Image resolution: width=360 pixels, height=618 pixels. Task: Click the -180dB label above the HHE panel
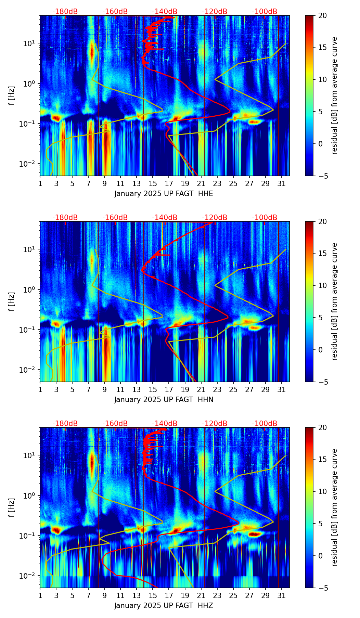65,12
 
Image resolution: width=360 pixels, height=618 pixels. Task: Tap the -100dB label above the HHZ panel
265,424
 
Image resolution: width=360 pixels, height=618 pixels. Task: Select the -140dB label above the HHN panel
165,218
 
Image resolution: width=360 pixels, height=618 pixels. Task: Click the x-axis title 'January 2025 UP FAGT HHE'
164,194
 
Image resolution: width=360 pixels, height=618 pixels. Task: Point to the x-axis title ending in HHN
164,400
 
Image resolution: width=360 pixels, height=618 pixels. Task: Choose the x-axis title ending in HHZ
164,606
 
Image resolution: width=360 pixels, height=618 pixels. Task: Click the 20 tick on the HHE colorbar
322,15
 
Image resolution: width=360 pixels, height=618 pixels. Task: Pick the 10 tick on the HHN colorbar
322,285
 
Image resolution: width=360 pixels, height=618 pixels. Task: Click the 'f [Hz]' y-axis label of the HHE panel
12,96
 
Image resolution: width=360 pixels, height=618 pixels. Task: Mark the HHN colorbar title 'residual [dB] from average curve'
335,301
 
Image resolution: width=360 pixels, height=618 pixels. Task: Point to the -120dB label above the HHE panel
215,12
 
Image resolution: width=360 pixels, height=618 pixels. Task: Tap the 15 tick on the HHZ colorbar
322,459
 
